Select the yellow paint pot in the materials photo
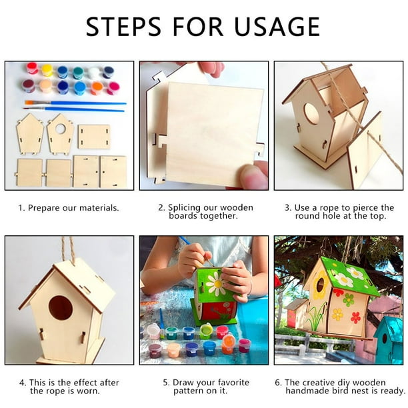(x=47, y=70)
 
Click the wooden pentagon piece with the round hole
(x=60, y=133)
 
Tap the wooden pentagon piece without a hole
(x=29, y=133)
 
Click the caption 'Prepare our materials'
(x=73, y=208)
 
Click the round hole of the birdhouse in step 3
(x=311, y=113)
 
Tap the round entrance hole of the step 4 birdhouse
(x=61, y=307)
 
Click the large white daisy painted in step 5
(x=215, y=284)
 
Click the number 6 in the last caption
(x=278, y=383)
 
